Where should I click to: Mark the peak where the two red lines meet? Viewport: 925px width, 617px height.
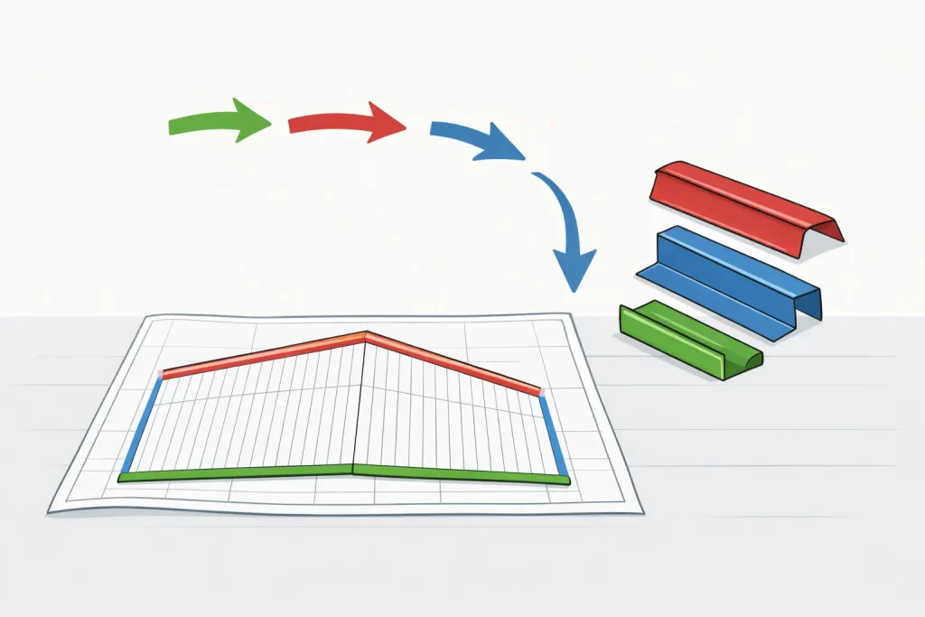[365, 335]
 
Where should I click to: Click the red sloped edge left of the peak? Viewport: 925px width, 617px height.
[262, 354]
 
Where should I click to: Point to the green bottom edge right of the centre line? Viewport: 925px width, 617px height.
[461, 472]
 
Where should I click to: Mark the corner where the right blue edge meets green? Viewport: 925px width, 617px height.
[565, 478]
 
